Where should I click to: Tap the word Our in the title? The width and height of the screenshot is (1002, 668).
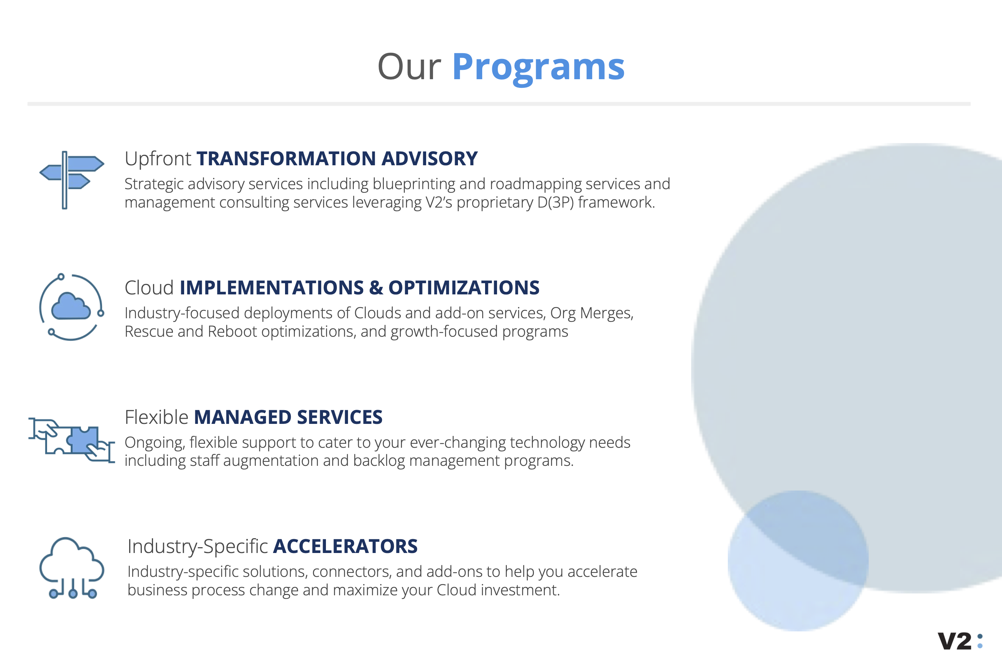(409, 67)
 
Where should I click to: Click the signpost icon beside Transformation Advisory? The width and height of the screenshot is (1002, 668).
(72, 180)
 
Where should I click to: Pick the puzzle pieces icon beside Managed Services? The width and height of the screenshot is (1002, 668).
(72, 441)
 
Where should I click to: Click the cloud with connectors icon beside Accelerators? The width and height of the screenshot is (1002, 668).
(72, 567)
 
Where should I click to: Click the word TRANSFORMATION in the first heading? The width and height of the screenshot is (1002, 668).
(286, 158)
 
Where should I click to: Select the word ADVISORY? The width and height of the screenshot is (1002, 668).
(429, 158)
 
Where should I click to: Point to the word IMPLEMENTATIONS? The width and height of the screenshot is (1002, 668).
(272, 288)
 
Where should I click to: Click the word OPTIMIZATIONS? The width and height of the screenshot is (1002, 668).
(464, 288)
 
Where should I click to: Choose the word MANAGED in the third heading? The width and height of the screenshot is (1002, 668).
(243, 417)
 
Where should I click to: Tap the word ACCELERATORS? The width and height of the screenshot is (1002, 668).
(345, 546)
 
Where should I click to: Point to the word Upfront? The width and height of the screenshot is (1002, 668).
(158, 159)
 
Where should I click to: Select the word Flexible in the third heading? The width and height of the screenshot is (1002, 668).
(156, 417)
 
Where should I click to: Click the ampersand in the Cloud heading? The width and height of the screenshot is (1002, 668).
(376, 288)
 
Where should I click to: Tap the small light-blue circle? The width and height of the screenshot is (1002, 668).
(798, 561)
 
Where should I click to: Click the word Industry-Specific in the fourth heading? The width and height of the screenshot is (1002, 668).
(198, 547)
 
